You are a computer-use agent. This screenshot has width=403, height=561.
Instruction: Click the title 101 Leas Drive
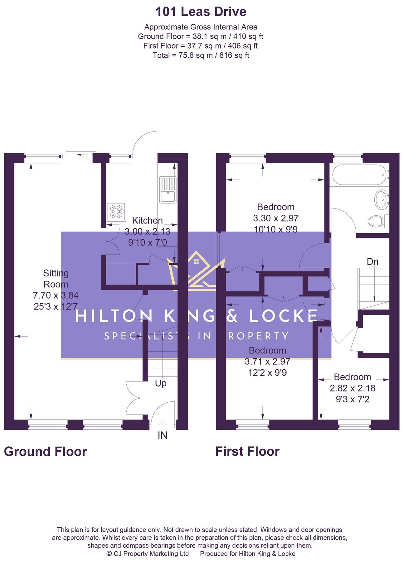[201, 12]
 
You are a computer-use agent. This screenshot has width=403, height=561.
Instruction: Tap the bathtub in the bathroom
[360, 175]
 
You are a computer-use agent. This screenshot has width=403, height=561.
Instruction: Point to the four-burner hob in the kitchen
[116, 211]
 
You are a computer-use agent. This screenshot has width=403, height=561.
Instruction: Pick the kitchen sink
[168, 190]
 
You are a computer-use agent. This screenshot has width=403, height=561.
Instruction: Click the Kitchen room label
[147, 220]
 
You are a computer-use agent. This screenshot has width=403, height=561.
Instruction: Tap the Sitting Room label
[56, 279]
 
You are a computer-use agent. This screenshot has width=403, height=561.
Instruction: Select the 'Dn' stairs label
[372, 261]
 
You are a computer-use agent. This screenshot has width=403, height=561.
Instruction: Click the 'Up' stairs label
[161, 383]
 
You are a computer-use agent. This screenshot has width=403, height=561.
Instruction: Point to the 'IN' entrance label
[163, 435]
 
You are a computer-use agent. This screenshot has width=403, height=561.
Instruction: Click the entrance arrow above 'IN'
[163, 424]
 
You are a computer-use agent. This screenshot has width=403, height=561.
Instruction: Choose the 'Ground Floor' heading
[46, 451]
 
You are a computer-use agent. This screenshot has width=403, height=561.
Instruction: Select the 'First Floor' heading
[247, 451]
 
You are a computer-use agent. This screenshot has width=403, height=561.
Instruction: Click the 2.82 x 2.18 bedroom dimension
[352, 388]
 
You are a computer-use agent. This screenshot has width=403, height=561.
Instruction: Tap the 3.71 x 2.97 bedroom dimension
[267, 362]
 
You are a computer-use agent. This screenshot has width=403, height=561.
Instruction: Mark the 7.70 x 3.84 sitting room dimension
[56, 295]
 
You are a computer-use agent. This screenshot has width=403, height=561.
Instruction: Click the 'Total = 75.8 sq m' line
[201, 55]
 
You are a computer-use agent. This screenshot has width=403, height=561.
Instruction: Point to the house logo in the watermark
[196, 271]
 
